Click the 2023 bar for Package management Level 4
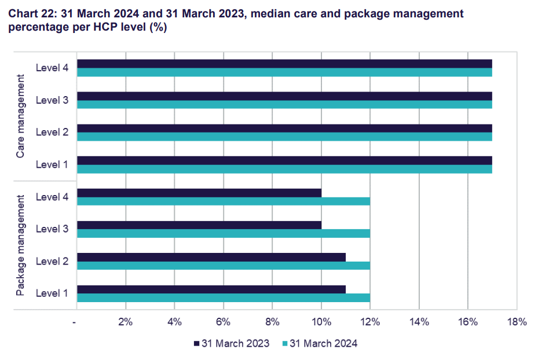click(x=199, y=193)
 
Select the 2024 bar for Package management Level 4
click(x=224, y=201)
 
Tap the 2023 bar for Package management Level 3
click(x=199, y=225)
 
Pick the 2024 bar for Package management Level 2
click(x=224, y=266)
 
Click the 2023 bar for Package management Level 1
click(x=211, y=289)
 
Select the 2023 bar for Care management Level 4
click(x=284, y=64)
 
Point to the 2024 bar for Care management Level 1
click(x=284, y=169)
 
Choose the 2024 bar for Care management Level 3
click(x=284, y=105)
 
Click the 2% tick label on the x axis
click(x=126, y=322)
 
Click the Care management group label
click(x=21, y=116)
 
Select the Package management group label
click(x=21, y=245)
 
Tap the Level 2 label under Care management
click(x=52, y=132)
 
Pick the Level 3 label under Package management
click(x=52, y=229)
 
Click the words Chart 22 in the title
click(x=31, y=13)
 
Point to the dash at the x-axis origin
click(x=75, y=322)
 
